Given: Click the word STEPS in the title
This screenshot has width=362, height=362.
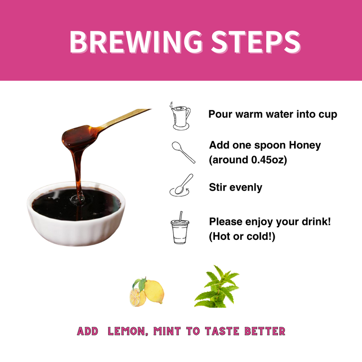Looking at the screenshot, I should pos(253,42).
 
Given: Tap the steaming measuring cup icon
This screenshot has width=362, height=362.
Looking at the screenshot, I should pos(180,116).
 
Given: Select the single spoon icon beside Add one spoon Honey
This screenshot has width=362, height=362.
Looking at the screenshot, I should pos(183,152).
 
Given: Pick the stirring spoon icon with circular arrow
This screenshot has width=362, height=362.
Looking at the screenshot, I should pos(181,186).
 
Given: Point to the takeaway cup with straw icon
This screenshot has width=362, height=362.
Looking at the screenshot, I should pos(180,229).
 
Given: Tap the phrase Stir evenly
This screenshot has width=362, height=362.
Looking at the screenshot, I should pos(235,187).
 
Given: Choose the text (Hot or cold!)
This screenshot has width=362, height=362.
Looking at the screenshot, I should pos(242,236).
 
